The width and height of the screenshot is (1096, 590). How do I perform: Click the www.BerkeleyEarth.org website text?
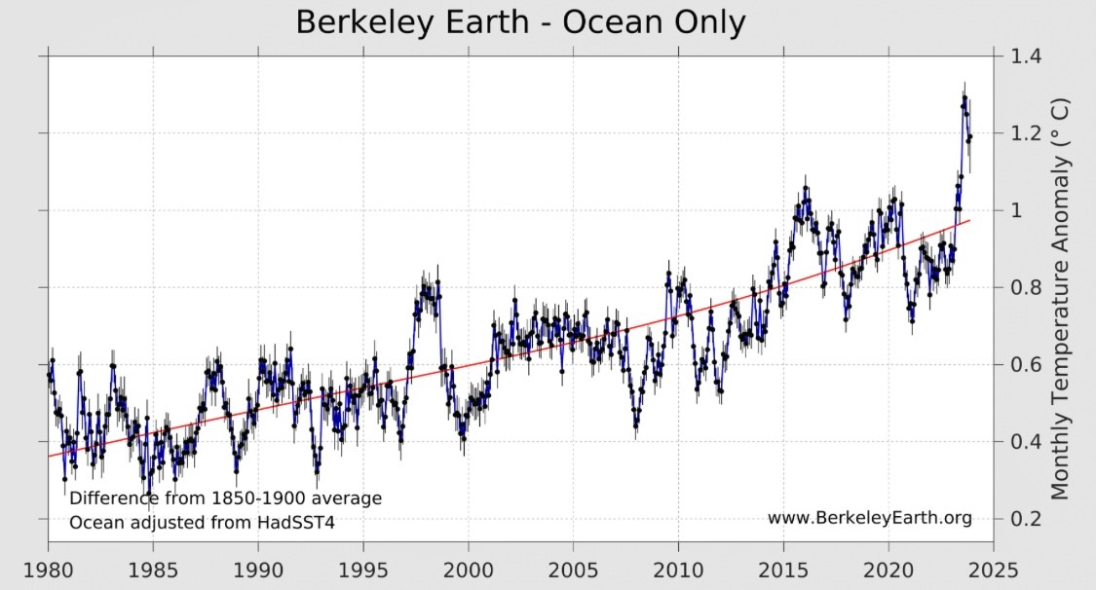(869, 518)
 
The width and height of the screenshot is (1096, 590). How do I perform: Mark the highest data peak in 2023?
(964, 96)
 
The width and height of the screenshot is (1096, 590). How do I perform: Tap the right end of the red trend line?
(969, 221)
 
